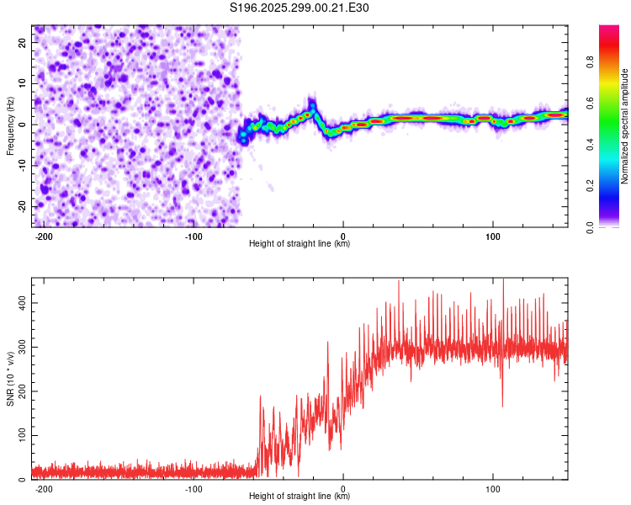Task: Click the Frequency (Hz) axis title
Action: tap(10, 125)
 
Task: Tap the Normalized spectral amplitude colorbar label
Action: tap(625, 126)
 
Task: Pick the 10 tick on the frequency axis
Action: tap(23, 83)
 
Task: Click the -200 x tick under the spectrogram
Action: tap(45, 236)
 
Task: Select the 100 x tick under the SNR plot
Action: tap(492, 488)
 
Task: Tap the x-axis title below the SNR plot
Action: tap(300, 497)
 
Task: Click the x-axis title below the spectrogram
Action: tap(300, 244)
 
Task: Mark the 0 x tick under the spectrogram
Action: tap(343, 236)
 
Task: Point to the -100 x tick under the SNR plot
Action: tap(194, 488)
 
